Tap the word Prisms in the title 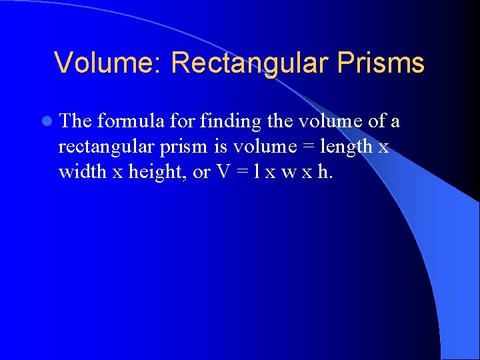coord(381,63)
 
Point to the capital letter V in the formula coord(223,172)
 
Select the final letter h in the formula coord(323,172)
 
